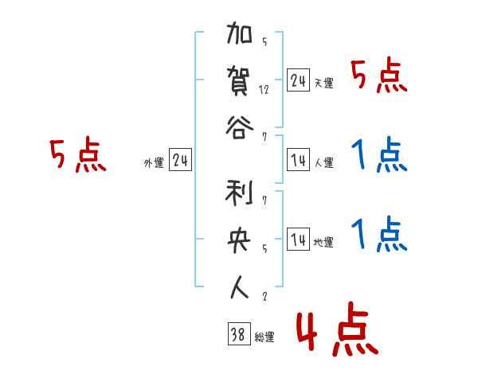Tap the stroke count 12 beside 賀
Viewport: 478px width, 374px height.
264,89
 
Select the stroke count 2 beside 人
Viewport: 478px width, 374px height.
264,298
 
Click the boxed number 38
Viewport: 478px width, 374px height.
237,334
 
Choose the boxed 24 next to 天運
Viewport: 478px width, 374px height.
298,80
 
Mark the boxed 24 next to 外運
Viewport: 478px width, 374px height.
180,161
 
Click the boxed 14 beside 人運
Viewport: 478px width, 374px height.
298,161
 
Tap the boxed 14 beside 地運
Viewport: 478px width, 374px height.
298,240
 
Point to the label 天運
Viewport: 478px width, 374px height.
323,83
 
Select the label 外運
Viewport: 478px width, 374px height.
153,164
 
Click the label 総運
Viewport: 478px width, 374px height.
264,337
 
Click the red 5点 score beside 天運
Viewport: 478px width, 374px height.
379,77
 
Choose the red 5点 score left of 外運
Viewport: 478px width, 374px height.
77,155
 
